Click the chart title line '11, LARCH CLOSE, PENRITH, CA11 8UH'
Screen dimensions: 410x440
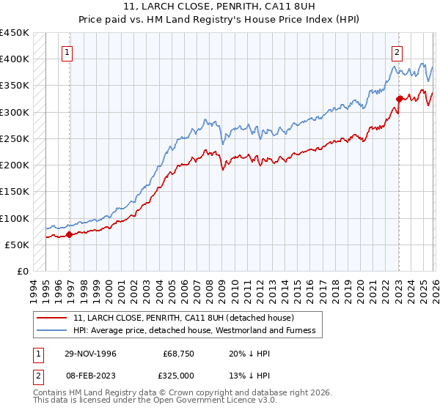(x=220, y=7)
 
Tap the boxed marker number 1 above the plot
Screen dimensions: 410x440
(x=67, y=52)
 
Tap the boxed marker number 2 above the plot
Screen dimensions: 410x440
(x=397, y=52)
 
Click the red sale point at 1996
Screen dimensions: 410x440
(x=70, y=235)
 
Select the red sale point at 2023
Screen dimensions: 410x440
(x=399, y=99)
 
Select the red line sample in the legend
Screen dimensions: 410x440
(x=53, y=318)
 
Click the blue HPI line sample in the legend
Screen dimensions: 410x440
(x=53, y=331)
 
